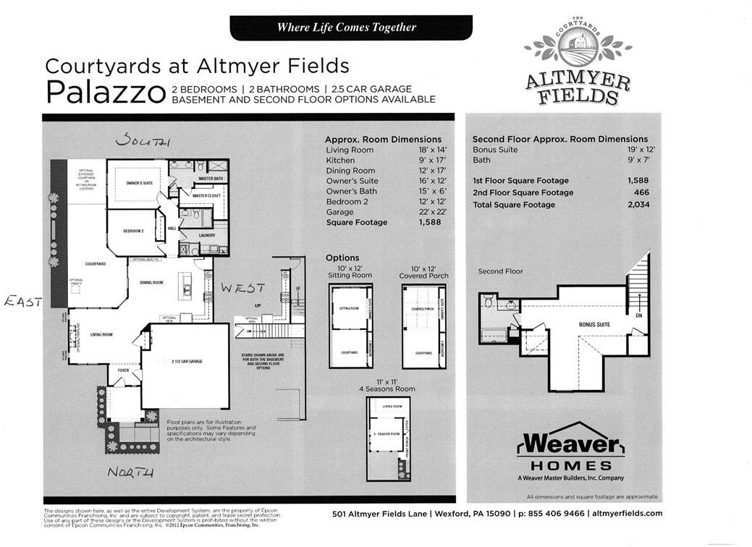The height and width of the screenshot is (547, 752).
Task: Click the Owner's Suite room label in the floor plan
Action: coord(139,184)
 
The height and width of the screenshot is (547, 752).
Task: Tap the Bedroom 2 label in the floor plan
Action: coord(135,232)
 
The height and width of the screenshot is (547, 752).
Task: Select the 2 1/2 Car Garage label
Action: coord(187,360)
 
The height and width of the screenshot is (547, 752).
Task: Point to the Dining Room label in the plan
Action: coord(151,282)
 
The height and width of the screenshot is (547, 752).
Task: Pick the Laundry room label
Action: coord(208,236)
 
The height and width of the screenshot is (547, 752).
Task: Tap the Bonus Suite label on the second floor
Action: coord(594,325)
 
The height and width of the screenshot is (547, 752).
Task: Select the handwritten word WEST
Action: coord(243,288)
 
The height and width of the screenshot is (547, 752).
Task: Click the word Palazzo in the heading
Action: coord(105,93)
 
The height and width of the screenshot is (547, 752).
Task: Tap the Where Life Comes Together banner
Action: coord(347,27)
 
